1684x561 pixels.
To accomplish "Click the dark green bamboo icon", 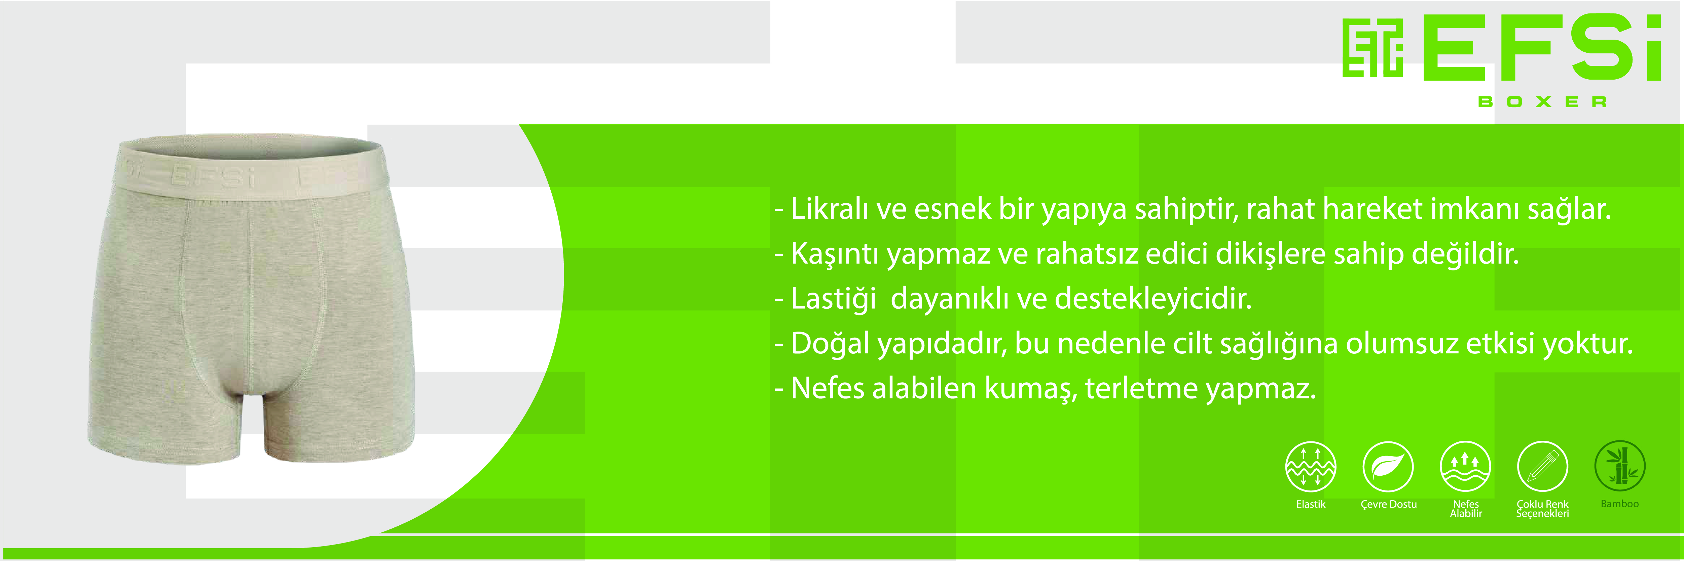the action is (x=1620, y=466).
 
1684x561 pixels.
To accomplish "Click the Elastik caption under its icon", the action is (x=1311, y=504).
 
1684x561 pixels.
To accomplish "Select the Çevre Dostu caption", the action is (x=1389, y=504).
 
